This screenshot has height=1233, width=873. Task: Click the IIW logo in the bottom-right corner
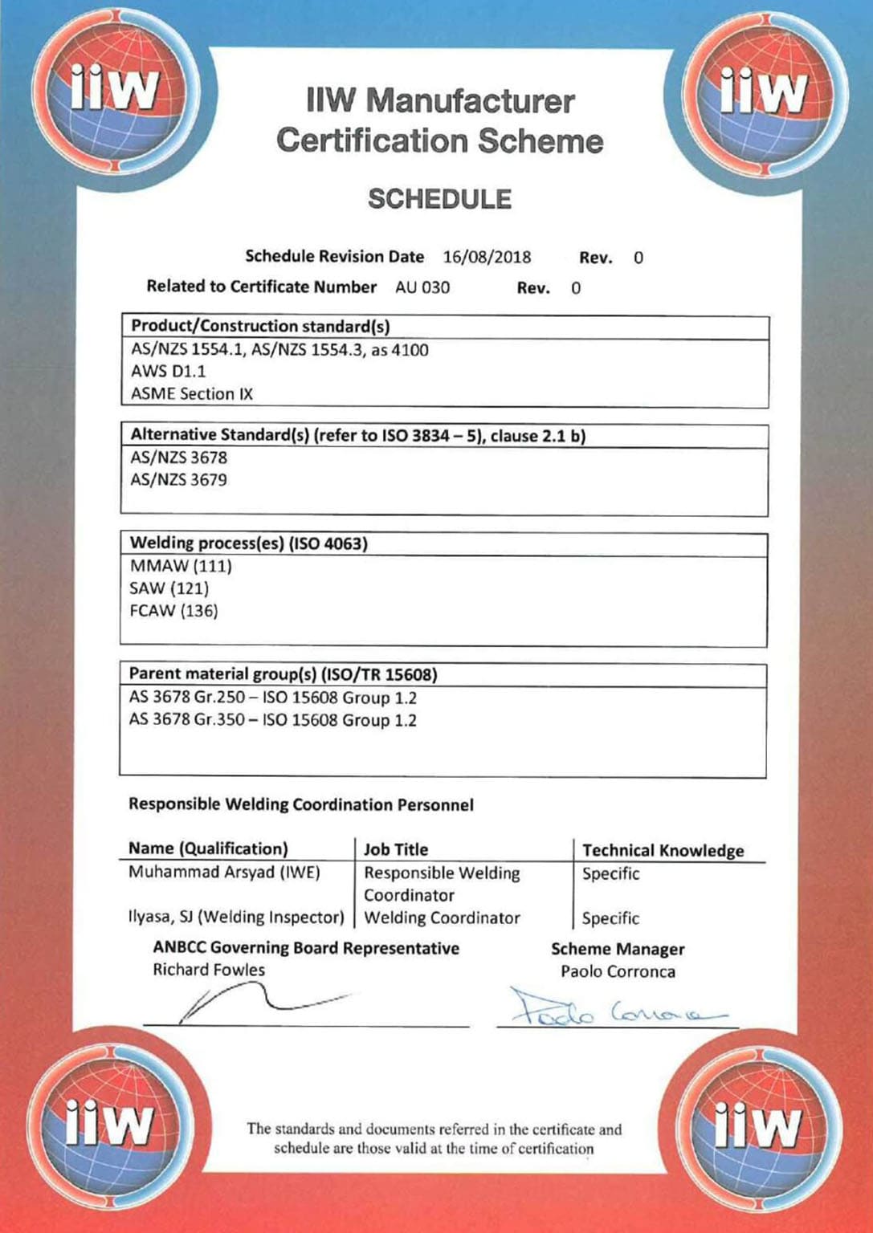pyautogui.click(x=757, y=1126)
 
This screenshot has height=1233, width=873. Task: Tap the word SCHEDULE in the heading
pyautogui.click(x=439, y=199)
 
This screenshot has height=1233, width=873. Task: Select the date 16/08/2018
pyautogui.click(x=487, y=257)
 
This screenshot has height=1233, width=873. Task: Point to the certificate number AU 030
pyautogui.click(x=422, y=287)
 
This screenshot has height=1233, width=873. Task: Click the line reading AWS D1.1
pyautogui.click(x=169, y=372)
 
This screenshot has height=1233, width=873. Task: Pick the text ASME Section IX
pyautogui.click(x=192, y=394)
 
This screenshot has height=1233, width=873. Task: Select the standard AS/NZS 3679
pyautogui.click(x=179, y=480)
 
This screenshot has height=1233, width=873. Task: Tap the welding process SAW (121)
pyautogui.click(x=169, y=588)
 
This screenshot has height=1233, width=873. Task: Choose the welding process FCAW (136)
pyautogui.click(x=173, y=611)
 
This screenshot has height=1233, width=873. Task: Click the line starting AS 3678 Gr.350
pyautogui.click(x=273, y=720)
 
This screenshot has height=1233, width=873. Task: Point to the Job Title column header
pyautogui.click(x=396, y=849)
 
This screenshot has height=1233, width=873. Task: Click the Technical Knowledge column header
pyautogui.click(x=663, y=850)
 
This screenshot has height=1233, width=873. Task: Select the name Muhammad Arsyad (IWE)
pyautogui.click(x=224, y=873)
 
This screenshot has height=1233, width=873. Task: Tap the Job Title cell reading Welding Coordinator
pyautogui.click(x=442, y=918)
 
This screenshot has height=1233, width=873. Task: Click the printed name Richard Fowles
pyautogui.click(x=209, y=970)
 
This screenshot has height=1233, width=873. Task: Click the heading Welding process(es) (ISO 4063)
pyautogui.click(x=249, y=543)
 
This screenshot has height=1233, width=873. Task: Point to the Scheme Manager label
pyautogui.click(x=618, y=949)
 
